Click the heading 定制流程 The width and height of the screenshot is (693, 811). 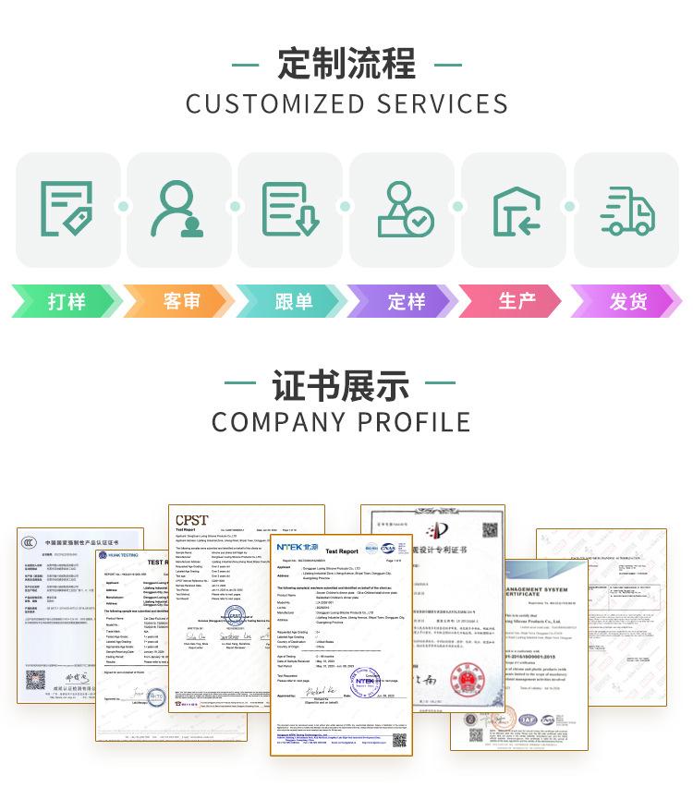coord(346,65)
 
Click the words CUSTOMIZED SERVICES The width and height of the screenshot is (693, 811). coord(346,103)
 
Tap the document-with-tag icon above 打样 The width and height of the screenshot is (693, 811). coord(67,209)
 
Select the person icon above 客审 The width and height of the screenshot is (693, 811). coord(178,209)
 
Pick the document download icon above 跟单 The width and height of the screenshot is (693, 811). coord(289,209)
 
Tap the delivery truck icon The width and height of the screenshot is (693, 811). coord(626,211)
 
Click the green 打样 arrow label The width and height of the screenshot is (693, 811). coord(67,301)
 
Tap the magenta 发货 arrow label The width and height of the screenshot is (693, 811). coord(628,301)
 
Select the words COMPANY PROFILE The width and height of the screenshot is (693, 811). coord(341,422)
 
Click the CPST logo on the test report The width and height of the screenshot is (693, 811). coord(192,520)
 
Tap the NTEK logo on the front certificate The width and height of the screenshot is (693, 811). coord(298,547)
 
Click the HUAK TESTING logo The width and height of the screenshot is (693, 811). coord(118,556)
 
